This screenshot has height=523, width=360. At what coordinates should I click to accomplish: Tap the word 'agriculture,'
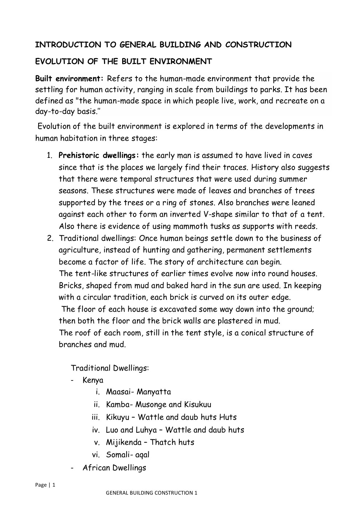click(80, 250)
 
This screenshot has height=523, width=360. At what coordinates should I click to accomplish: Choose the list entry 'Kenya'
click(93, 380)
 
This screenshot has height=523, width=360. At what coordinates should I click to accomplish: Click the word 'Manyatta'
click(154, 392)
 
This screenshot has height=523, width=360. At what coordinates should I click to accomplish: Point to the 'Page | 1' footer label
click(45, 485)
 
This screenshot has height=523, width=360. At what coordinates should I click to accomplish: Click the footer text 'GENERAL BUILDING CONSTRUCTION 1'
click(151, 493)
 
